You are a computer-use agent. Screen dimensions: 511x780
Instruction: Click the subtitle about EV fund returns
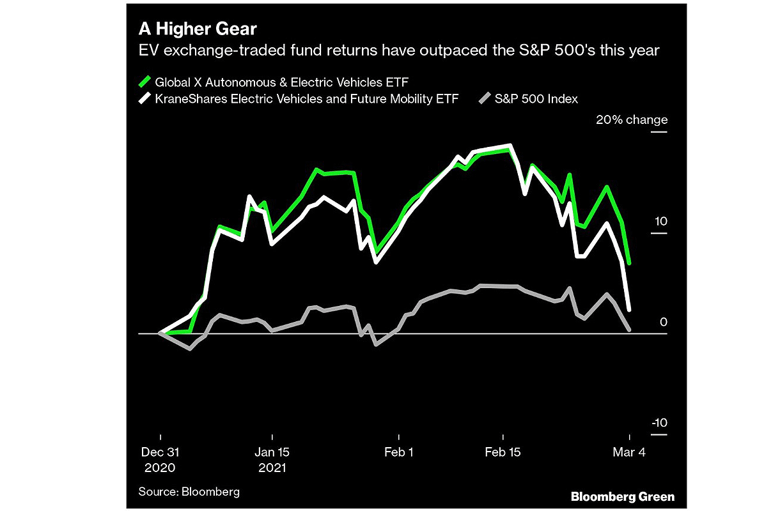coord(399,50)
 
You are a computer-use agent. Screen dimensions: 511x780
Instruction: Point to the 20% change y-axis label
coord(631,120)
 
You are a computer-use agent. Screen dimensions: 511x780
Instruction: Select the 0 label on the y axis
coord(663,322)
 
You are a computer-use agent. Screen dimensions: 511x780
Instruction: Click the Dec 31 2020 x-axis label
coord(159,459)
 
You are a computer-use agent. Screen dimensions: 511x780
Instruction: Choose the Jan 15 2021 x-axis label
coord(272,459)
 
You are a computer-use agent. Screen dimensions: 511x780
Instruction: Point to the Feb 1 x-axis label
coord(398,452)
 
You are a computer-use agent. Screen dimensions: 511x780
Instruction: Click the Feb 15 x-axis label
coord(503,452)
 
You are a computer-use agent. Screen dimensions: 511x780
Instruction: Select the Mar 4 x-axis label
coord(630,452)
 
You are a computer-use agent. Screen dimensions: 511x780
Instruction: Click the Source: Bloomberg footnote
coord(189,491)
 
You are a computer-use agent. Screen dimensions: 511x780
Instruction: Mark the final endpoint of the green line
coord(630,263)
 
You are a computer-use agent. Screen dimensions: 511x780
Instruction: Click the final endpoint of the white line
coord(630,310)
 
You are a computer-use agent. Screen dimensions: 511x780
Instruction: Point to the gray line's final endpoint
coord(630,330)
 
